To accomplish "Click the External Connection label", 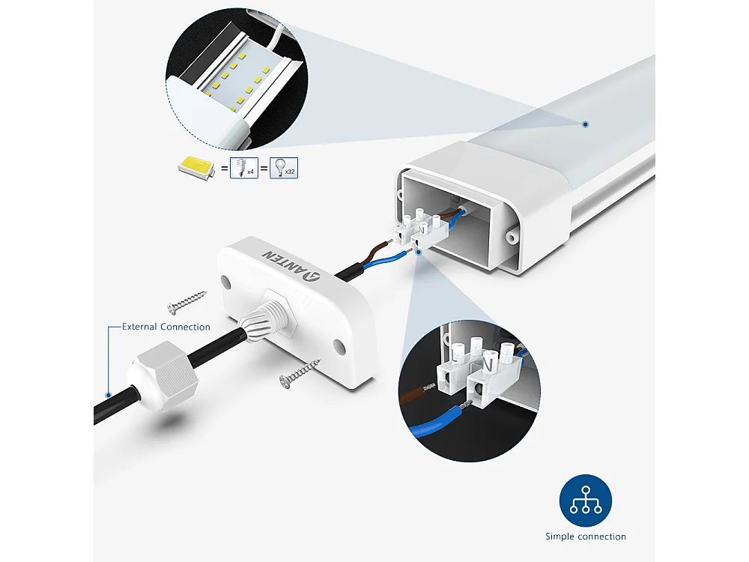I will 166,327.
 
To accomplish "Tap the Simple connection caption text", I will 585,537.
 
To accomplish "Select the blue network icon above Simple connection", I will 585,501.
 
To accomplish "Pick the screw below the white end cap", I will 299,372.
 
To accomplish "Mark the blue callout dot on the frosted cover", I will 585,124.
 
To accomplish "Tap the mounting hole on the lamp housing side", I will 512,237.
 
